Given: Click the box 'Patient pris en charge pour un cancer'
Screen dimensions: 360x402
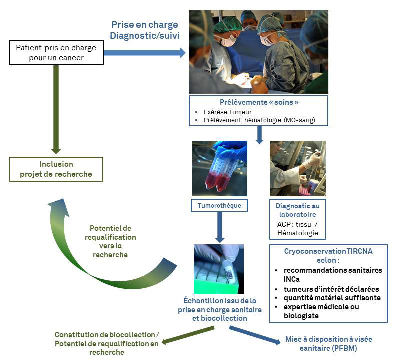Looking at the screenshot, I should click(x=56, y=52).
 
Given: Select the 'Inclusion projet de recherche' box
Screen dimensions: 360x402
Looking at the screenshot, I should click(x=56, y=169).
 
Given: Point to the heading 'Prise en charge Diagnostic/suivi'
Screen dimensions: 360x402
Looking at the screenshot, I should click(x=144, y=30).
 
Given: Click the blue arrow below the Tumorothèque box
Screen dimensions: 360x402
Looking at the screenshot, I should click(x=219, y=227).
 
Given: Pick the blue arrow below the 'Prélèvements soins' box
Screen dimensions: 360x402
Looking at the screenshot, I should click(x=259, y=134).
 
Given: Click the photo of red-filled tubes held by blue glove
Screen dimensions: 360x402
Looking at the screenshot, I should click(x=219, y=168).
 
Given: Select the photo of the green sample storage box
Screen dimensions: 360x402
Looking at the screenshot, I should click(x=219, y=269).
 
